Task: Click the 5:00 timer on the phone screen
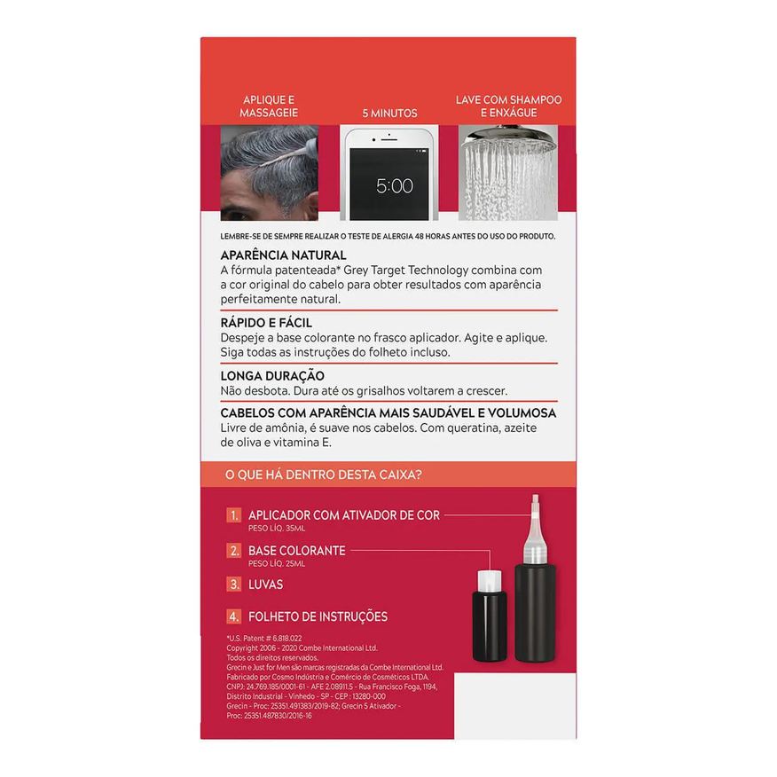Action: point(395,186)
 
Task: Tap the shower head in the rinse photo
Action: point(507,136)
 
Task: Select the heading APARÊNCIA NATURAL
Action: point(283,255)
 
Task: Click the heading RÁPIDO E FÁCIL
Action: point(266,323)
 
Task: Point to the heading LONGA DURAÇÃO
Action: point(272,375)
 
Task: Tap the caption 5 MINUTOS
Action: point(389,113)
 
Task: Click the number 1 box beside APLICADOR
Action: point(234,515)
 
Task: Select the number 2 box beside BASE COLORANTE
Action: point(234,551)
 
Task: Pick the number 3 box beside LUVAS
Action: point(234,585)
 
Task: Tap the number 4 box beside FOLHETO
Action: point(234,617)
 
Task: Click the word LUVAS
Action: point(265,585)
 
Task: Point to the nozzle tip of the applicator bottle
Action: point(535,496)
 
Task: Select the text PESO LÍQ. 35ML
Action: point(277,529)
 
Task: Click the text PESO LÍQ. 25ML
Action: point(277,563)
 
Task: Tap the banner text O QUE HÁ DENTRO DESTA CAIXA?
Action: point(324,475)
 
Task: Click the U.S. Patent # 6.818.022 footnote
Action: point(264,639)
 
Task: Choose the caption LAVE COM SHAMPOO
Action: point(509,99)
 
